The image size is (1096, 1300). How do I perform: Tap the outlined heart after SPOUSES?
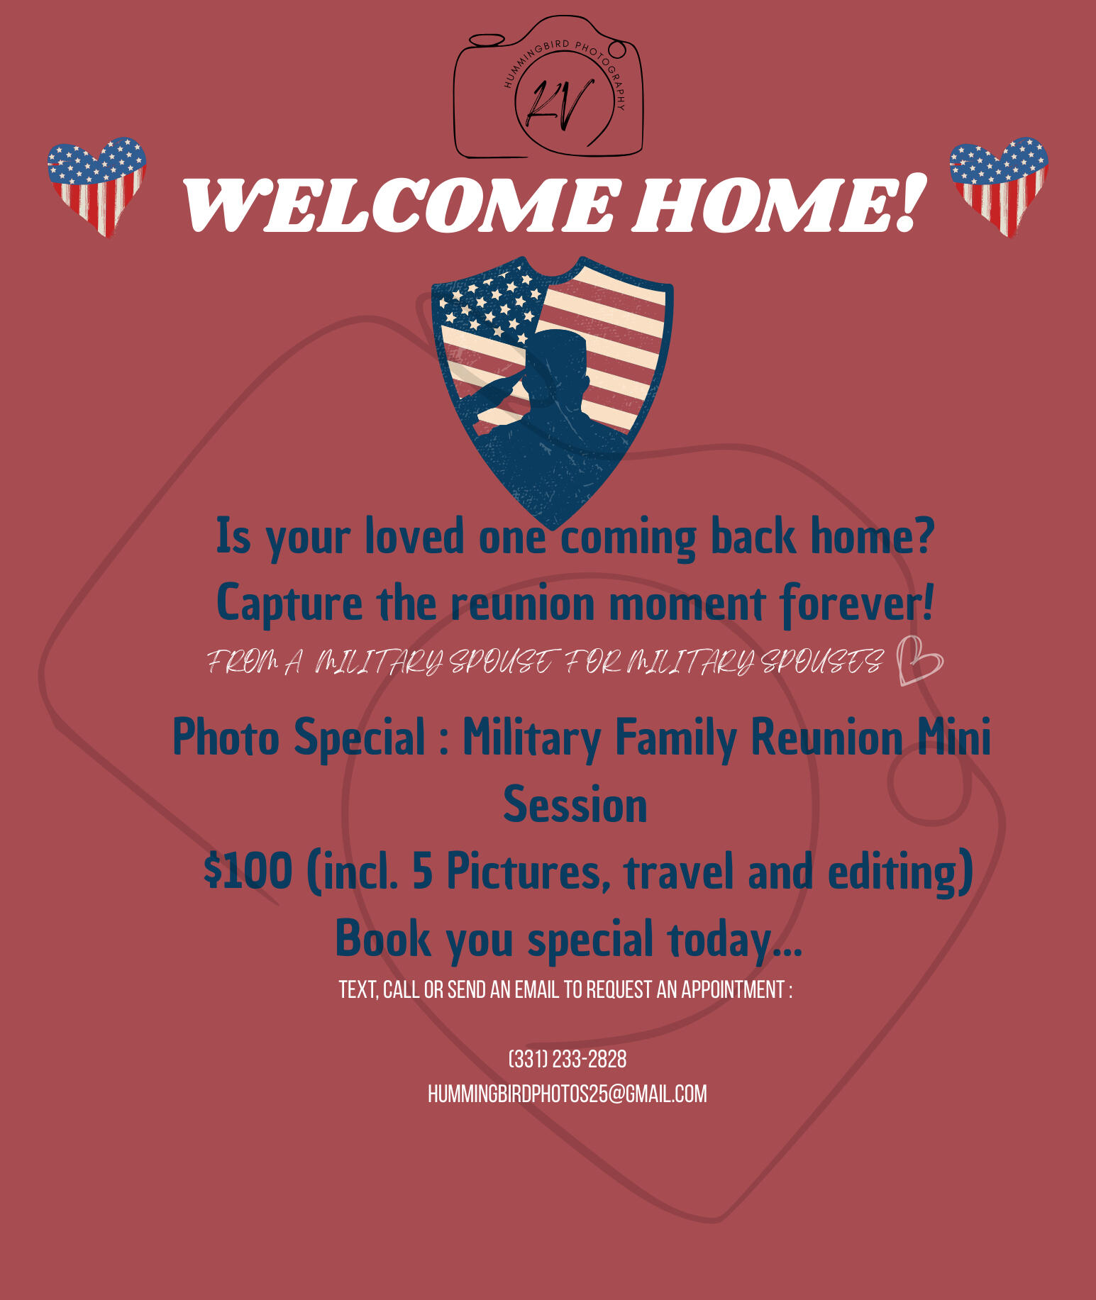click(919, 661)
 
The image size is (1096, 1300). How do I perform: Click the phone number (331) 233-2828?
click(568, 1060)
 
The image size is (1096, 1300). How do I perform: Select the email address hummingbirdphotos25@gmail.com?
click(568, 1094)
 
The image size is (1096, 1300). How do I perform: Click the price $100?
click(248, 871)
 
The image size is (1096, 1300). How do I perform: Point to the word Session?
click(575, 805)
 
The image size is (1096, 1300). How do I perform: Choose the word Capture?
click(289, 604)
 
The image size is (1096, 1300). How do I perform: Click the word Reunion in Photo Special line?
click(826, 737)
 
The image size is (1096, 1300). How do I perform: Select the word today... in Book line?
click(735, 939)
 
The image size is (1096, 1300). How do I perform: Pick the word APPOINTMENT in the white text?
click(733, 989)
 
